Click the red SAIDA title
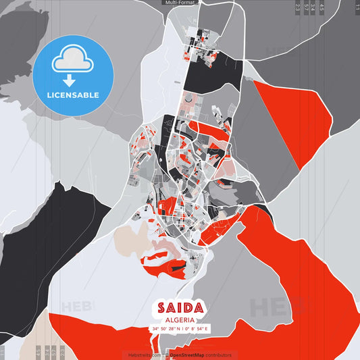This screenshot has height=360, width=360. coord(180,307)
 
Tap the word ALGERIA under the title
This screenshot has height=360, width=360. coord(180,320)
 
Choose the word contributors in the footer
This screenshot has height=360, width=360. coord(218,355)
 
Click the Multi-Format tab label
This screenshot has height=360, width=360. coord(180,3)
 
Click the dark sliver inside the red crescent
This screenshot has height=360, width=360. coord(177,269)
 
